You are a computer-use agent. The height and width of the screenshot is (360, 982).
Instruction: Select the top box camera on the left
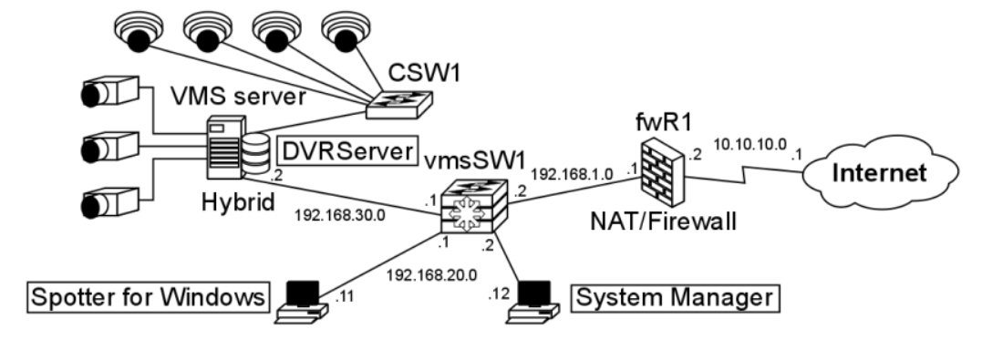(x=109, y=92)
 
